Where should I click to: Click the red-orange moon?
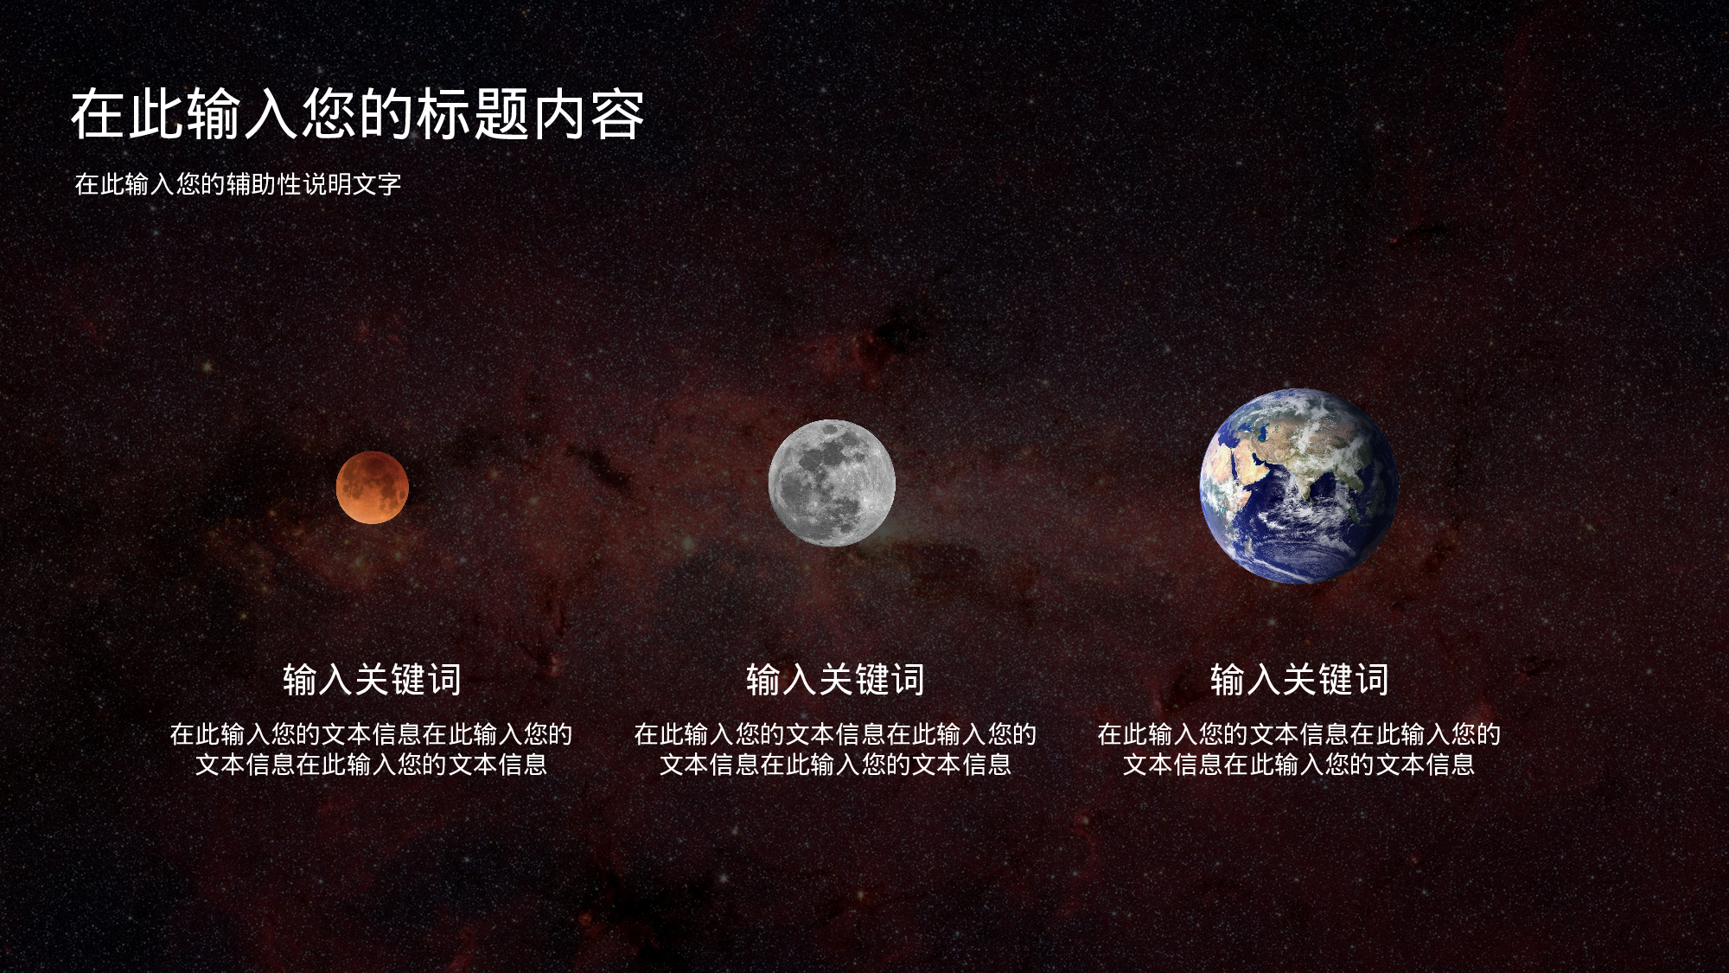click(372, 487)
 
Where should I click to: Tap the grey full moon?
click(832, 483)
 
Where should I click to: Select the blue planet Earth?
click(1298, 486)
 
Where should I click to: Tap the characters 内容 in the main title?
click(589, 115)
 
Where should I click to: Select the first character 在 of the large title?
click(99, 115)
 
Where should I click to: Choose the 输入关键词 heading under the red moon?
click(372, 680)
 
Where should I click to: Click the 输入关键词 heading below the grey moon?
click(835, 680)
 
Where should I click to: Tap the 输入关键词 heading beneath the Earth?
click(1299, 680)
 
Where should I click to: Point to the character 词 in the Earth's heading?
click(1371, 680)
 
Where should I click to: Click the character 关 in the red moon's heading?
click(372, 680)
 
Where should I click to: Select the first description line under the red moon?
click(371, 734)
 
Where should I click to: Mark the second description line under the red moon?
click(371, 765)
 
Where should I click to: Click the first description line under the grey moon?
click(835, 734)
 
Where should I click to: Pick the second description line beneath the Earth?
click(1298, 765)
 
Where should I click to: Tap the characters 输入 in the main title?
click(242, 115)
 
